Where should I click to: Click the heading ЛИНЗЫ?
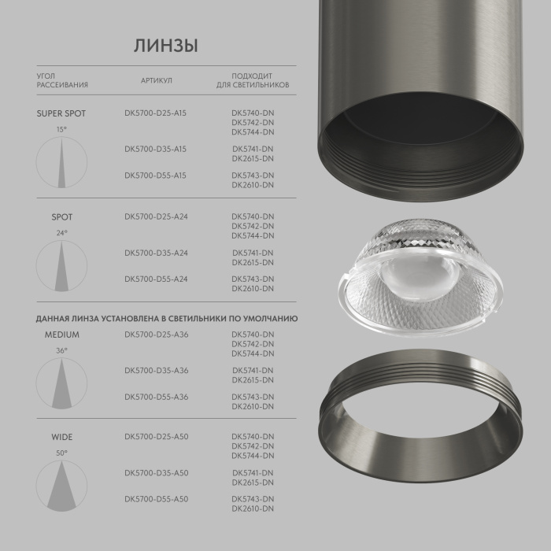coord(165,46)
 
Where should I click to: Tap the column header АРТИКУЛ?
coord(156,80)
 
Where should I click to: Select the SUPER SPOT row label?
coord(61,113)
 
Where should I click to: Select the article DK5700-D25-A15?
coord(155,113)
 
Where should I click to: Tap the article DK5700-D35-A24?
coord(155,253)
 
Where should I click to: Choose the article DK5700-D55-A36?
coord(155,397)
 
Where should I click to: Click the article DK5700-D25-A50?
coord(155,436)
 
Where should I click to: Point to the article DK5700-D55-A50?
coord(155,499)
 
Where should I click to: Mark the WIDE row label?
coord(61,436)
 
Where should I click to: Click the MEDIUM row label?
coord(61,335)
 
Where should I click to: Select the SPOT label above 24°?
coord(61,216)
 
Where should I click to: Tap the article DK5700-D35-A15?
coord(155,149)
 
